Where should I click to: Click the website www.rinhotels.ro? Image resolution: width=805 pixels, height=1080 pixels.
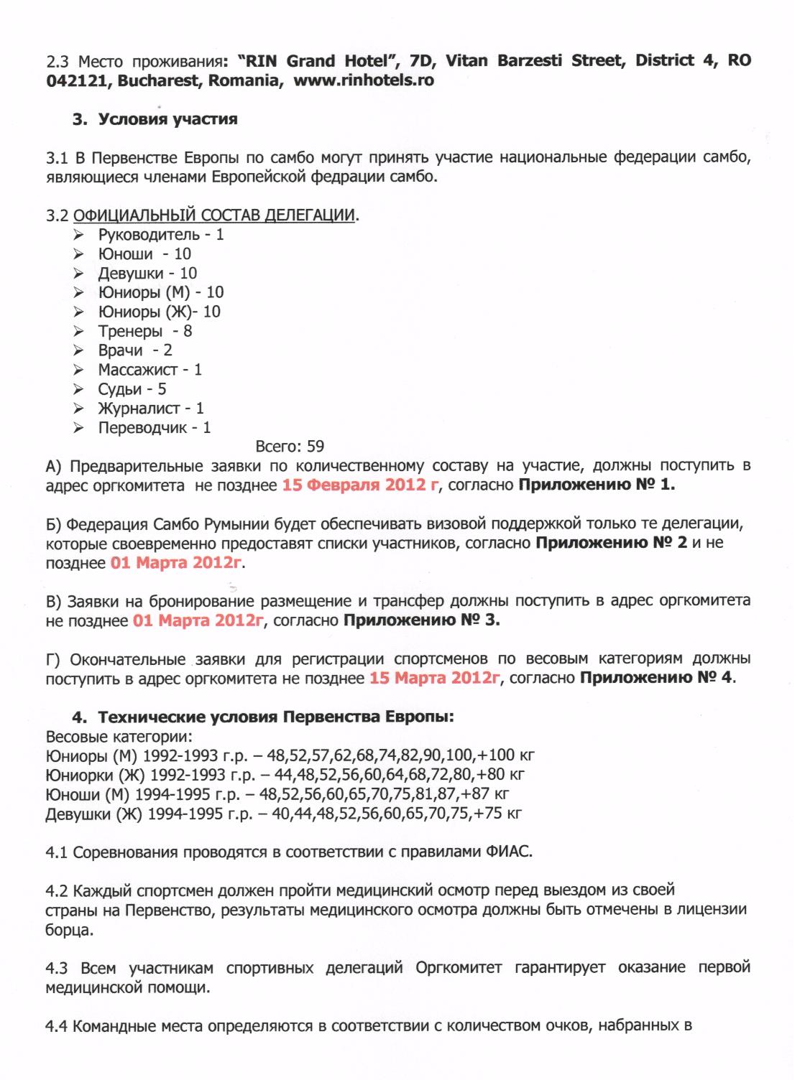pyautogui.click(x=364, y=80)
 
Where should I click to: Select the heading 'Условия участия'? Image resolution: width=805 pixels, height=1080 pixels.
pyautogui.click(x=167, y=119)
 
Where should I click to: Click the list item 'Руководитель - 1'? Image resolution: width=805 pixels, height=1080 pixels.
pyautogui.click(x=161, y=235)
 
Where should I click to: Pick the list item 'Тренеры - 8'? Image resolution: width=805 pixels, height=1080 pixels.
pyautogui.click(x=145, y=331)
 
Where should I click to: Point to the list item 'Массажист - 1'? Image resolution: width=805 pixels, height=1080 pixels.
pyautogui.click(x=150, y=370)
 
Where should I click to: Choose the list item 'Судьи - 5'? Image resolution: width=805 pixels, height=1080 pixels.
pyautogui.click(x=132, y=389)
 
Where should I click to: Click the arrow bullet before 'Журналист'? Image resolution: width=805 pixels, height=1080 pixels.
pyautogui.click(x=78, y=409)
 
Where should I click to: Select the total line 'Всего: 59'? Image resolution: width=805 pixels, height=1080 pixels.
pyautogui.click(x=290, y=447)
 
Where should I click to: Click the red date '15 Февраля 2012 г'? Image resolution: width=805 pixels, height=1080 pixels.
pyautogui.click(x=360, y=485)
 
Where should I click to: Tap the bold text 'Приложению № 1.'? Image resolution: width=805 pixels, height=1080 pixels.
pyautogui.click(x=597, y=485)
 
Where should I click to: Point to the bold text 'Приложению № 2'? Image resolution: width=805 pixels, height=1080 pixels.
pyautogui.click(x=611, y=543)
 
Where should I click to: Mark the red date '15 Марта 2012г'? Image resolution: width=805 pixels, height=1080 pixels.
pyautogui.click(x=434, y=678)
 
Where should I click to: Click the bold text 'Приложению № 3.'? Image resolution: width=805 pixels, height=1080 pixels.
pyautogui.click(x=422, y=620)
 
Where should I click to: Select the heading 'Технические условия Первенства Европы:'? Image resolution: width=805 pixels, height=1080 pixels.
pyautogui.click(x=276, y=717)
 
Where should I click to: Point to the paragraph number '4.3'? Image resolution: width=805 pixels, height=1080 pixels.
pyautogui.click(x=57, y=968)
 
